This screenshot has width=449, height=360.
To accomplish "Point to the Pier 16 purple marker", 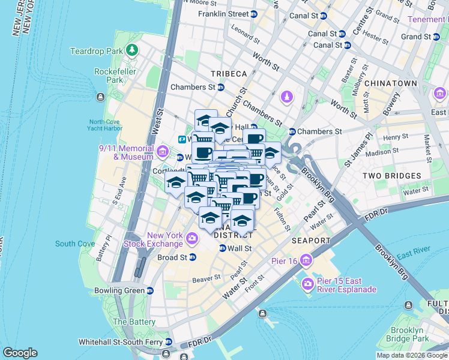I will [x=307, y=260].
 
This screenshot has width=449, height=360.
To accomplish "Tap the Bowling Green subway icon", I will [x=150, y=290].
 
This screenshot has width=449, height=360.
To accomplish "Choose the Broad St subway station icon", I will [x=193, y=257].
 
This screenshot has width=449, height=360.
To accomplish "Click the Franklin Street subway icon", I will [x=254, y=13].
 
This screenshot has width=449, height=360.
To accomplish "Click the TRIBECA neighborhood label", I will [x=229, y=73].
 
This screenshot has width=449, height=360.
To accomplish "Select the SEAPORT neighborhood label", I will [x=311, y=241].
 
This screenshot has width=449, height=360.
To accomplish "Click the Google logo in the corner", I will [x=20, y=353].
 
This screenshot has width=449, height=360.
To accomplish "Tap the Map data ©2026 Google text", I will [x=411, y=355].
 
